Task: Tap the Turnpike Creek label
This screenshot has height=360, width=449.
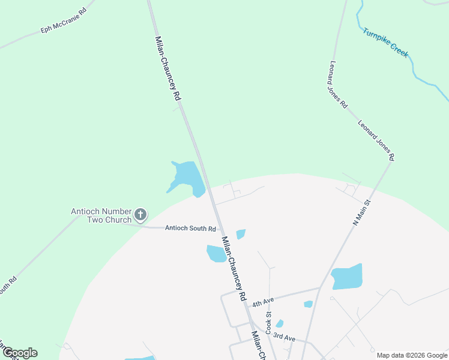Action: (385, 42)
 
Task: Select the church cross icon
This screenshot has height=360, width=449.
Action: (140, 214)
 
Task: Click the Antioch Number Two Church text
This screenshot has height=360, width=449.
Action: (101, 215)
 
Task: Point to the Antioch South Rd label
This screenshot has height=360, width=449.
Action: (190, 229)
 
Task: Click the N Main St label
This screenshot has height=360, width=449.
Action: (362, 214)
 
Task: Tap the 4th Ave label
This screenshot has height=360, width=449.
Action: (263, 304)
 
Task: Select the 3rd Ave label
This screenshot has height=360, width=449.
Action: (284, 338)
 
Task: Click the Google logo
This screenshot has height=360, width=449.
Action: (20, 353)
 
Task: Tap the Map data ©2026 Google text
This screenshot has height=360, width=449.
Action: (411, 355)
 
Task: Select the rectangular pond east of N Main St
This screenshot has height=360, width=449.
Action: (348, 277)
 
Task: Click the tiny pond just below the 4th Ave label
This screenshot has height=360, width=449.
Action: (308, 304)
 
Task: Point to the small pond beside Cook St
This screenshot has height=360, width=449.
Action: (279, 324)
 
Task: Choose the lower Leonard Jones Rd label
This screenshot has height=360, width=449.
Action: (376, 140)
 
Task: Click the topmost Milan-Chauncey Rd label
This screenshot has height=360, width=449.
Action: (167, 67)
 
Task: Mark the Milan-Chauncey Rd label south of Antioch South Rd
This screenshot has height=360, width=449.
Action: (234, 268)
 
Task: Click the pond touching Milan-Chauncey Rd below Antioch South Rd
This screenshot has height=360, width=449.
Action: (216, 253)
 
